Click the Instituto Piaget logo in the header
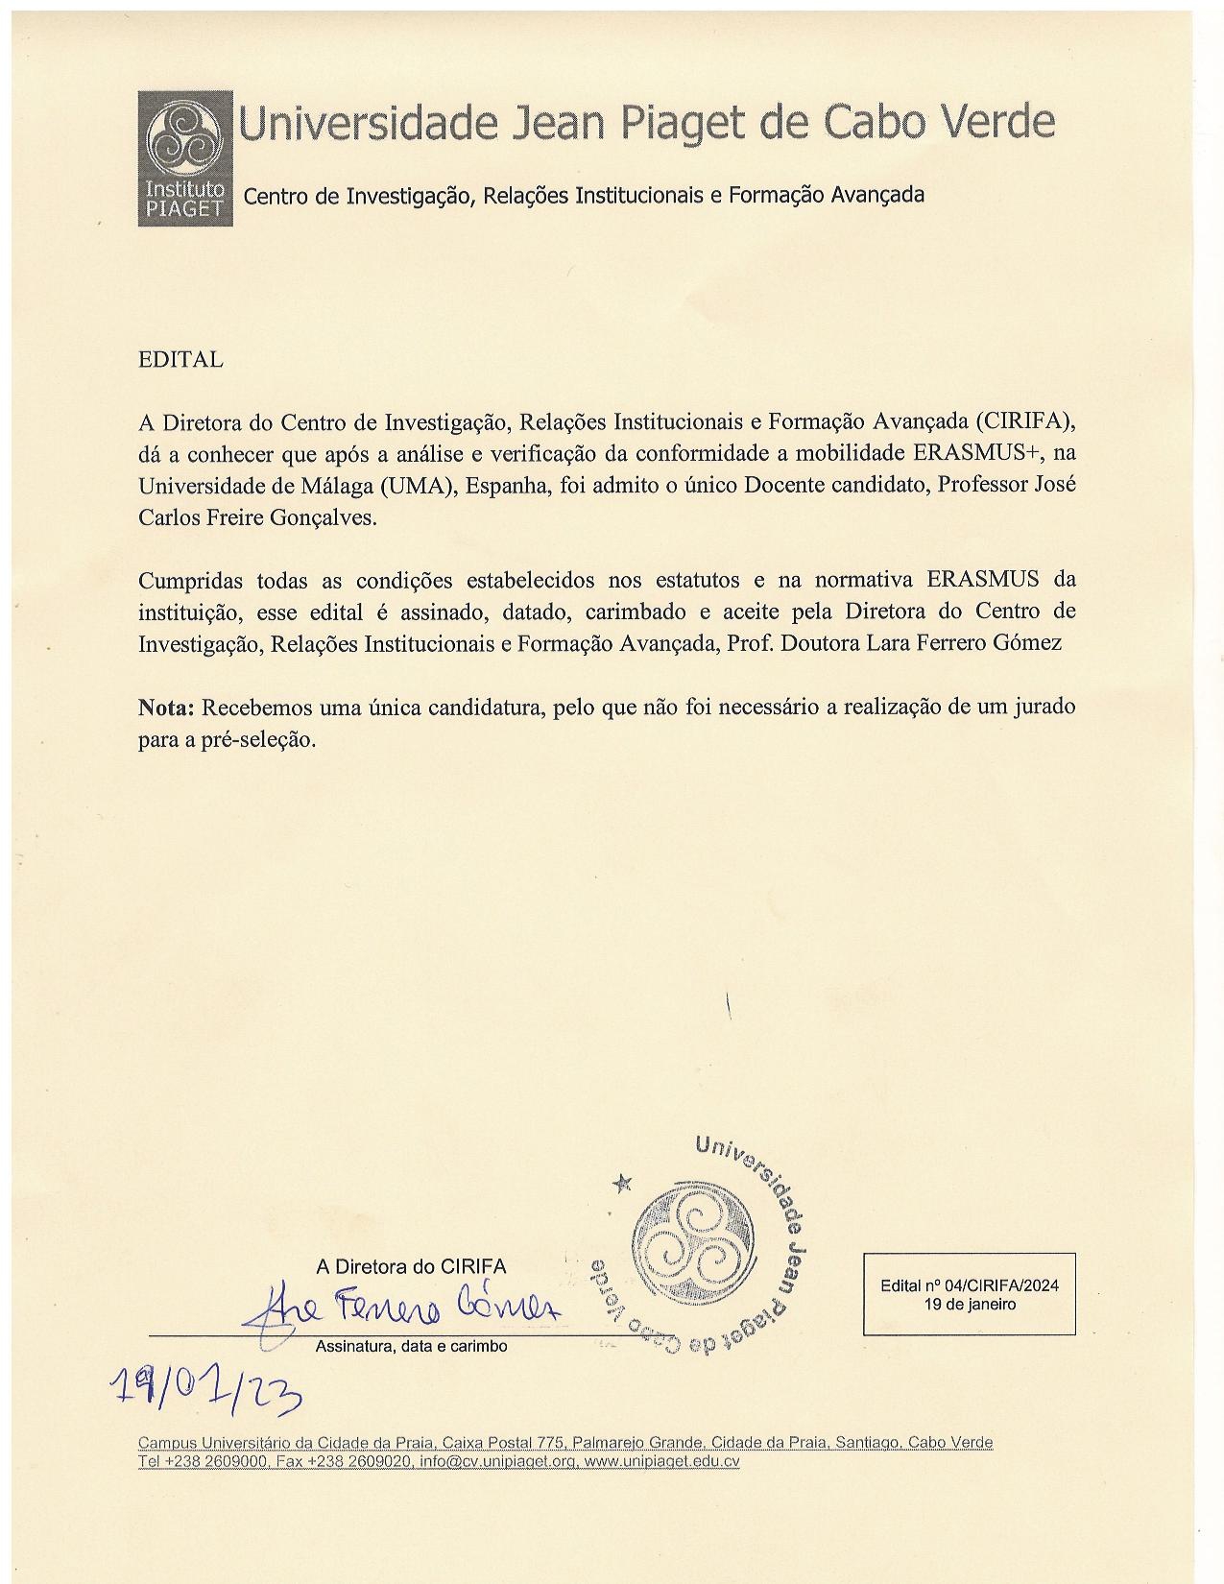pos(185,158)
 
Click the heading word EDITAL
pos(180,360)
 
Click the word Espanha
pos(507,486)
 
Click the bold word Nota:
pos(167,708)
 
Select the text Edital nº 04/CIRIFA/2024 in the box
pos(969,1286)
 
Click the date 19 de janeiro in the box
pos(969,1305)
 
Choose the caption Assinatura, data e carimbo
pos(411,1347)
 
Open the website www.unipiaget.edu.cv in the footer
pos(661,1462)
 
